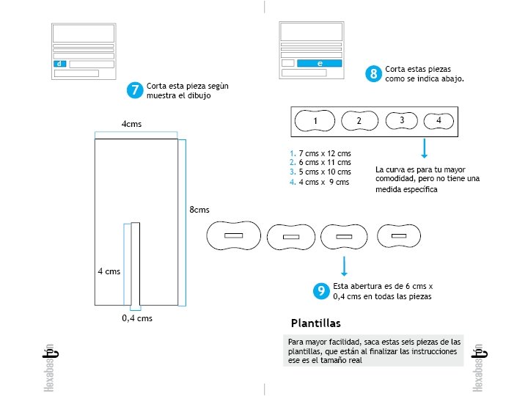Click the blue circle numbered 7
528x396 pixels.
[x=134, y=90]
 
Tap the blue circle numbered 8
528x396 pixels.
[x=374, y=73]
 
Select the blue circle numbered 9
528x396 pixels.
[x=320, y=291]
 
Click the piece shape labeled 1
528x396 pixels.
[x=315, y=120]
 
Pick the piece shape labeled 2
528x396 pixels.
[x=359, y=121]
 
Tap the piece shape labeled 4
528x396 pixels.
[x=439, y=120]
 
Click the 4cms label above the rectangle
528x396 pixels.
[x=131, y=124]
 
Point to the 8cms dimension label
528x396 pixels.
[x=199, y=210]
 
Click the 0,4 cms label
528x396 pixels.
[x=137, y=318]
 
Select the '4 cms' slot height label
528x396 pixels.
[x=109, y=271]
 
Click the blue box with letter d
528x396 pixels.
[x=59, y=65]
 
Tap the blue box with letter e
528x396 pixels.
[x=320, y=64]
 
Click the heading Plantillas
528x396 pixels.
[x=315, y=323]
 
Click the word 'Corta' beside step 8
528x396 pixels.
[x=396, y=68]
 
